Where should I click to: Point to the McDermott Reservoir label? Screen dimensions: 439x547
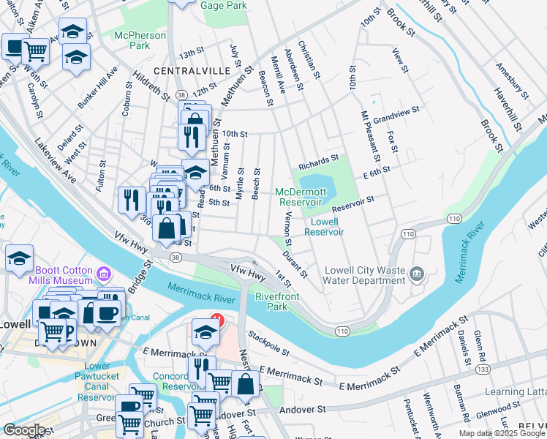pos(299,197)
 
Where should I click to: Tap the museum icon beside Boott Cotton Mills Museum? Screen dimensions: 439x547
pos(104,274)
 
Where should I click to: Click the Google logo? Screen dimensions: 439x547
pos(24,430)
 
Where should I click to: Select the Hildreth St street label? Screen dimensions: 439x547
pos(151,86)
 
